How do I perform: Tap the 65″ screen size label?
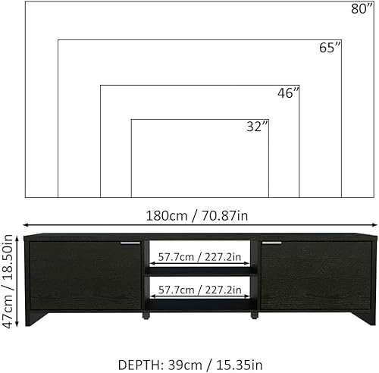tap(330, 49)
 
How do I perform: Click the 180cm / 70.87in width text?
tap(196, 215)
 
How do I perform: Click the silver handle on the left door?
tap(131, 243)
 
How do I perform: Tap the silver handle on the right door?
tap(272, 243)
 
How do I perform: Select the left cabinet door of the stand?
tap(85, 274)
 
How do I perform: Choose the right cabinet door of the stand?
tap(315, 274)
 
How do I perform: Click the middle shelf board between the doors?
tap(200, 273)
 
